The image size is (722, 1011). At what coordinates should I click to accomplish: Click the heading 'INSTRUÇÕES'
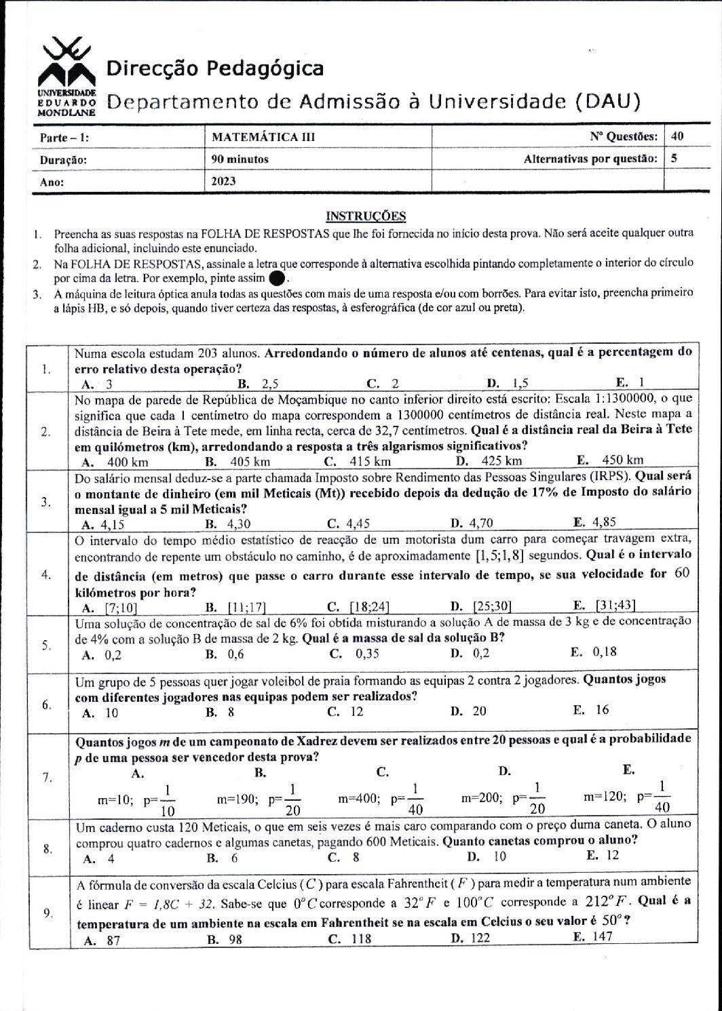pos(366,216)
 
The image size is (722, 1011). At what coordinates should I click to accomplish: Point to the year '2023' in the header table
pos(224,181)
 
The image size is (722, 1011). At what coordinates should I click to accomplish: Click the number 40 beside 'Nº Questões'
pos(677,136)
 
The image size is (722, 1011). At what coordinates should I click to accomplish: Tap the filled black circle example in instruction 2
pos(277,278)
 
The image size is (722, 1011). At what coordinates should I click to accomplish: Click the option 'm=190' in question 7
pos(235,799)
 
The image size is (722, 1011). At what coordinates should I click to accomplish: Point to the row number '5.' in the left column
pos(47,645)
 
